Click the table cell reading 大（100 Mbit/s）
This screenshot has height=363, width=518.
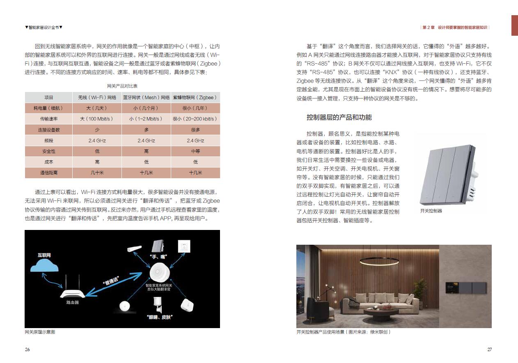click(x=97, y=119)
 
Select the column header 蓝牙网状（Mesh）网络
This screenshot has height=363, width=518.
click(x=146, y=98)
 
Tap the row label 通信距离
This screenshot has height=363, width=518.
click(x=48, y=173)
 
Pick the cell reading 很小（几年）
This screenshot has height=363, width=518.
click(x=195, y=108)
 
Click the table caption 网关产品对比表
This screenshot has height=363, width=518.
click(x=122, y=86)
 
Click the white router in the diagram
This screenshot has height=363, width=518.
click(x=72, y=292)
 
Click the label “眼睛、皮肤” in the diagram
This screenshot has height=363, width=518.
click(x=159, y=317)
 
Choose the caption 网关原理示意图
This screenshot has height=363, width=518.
click(x=40, y=332)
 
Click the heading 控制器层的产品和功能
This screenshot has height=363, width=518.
click(x=339, y=117)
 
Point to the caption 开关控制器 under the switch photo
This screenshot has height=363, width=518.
click(x=431, y=211)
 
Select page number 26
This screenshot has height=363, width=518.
click(x=27, y=350)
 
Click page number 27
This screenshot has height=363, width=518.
click(x=489, y=350)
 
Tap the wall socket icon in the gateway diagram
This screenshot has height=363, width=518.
click(x=184, y=246)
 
